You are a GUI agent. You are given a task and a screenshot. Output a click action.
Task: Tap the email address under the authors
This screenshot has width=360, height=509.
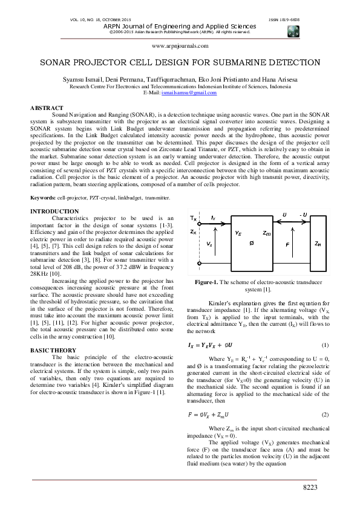point(180,92)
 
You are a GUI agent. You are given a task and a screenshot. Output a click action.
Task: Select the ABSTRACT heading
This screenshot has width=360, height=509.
point(47,108)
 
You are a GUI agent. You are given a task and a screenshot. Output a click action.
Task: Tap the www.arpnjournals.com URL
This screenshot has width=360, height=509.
point(180,46)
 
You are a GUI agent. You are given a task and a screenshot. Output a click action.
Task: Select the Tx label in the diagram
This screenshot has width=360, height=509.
point(193,217)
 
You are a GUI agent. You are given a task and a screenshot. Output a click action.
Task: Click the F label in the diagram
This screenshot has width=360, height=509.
point(287,244)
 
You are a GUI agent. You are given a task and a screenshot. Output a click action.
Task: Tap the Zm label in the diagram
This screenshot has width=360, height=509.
point(267,232)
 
